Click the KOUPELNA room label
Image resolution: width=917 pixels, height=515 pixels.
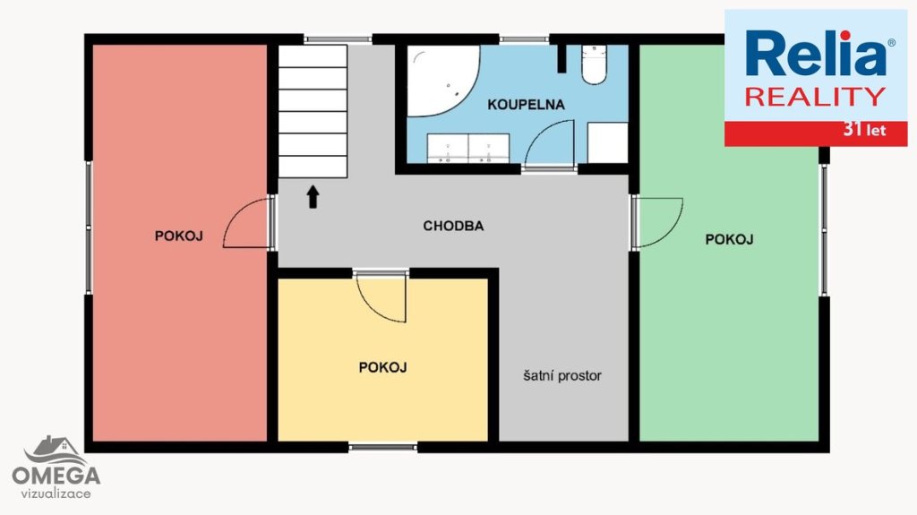click(x=526, y=105)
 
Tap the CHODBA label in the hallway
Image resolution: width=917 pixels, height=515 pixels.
click(x=453, y=226)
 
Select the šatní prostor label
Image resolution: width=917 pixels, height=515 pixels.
click(x=562, y=375)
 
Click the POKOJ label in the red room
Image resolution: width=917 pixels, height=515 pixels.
click(x=178, y=236)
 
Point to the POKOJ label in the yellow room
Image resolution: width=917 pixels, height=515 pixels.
click(x=382, y=367)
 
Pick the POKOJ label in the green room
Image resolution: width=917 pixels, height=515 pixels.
click(x=729, y=239)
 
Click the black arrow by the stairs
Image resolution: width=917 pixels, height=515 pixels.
click(x=313, y=197)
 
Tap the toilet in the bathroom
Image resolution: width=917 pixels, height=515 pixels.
click(x=595, y=64)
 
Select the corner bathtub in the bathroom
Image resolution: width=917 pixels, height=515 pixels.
click(x=441, y=81)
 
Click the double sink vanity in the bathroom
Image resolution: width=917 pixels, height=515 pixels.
click(x=467, y=149)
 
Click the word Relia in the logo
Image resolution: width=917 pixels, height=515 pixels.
click(x=816, y=53)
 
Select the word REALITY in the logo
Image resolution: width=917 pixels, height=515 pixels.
click(x=815, y=97)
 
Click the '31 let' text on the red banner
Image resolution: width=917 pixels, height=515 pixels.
click(x=864, y=130)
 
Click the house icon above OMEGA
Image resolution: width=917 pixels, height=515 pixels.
click(x=54, y=451)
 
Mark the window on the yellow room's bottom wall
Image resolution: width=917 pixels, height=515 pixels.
click(x=383, y=448)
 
